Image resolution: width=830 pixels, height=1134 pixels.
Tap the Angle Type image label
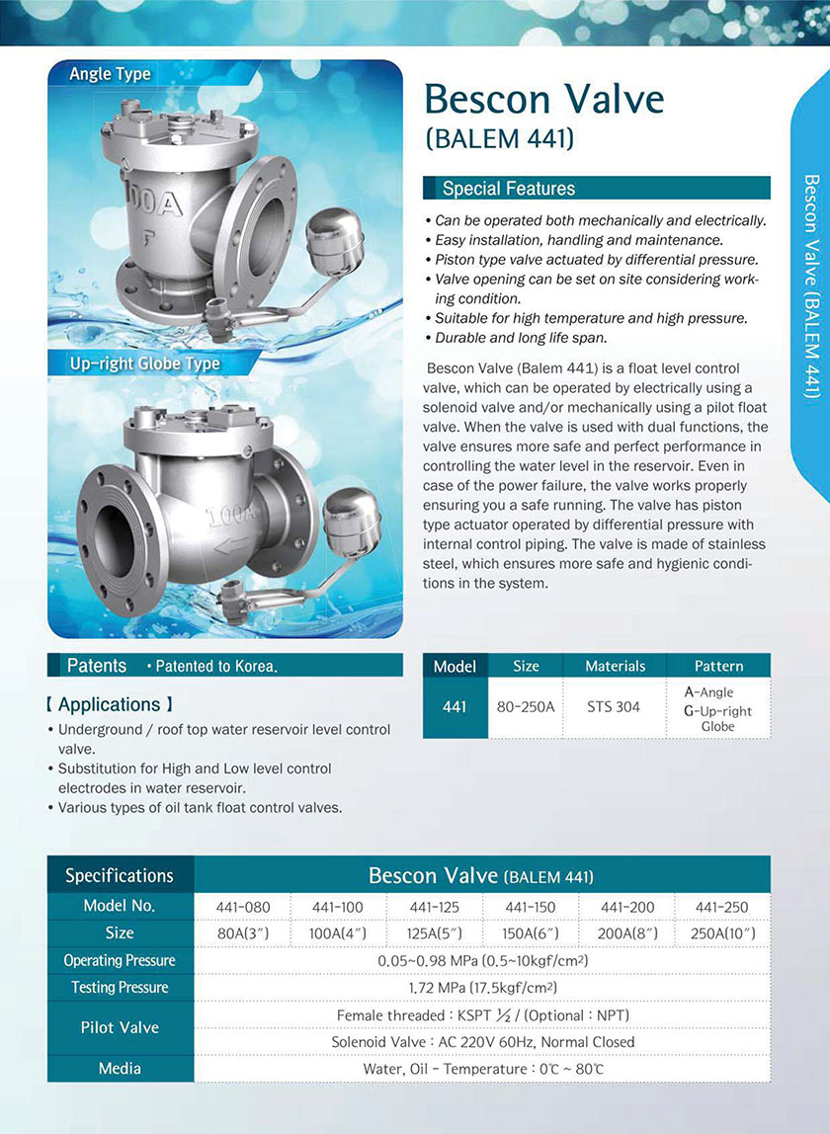110,74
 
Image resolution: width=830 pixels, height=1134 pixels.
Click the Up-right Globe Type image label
144,364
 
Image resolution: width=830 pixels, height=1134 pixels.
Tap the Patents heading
97,666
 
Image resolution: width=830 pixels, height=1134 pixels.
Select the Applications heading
109,704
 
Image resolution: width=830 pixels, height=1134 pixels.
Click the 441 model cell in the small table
455,707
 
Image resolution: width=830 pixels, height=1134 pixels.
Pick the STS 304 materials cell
614,707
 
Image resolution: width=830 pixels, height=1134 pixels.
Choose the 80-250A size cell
526,707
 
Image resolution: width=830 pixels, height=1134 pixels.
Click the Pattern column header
718,667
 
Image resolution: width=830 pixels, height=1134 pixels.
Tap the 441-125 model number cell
435,907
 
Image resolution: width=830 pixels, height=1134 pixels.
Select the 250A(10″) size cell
722,933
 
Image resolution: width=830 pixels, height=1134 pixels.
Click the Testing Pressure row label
120,987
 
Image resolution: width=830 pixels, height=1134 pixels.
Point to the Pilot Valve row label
120,1027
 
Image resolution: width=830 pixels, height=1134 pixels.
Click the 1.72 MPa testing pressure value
482,987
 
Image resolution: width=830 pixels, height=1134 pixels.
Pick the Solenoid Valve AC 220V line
482,1041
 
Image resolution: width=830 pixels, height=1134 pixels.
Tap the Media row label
120,1068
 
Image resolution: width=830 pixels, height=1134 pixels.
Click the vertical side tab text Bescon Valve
811,286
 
